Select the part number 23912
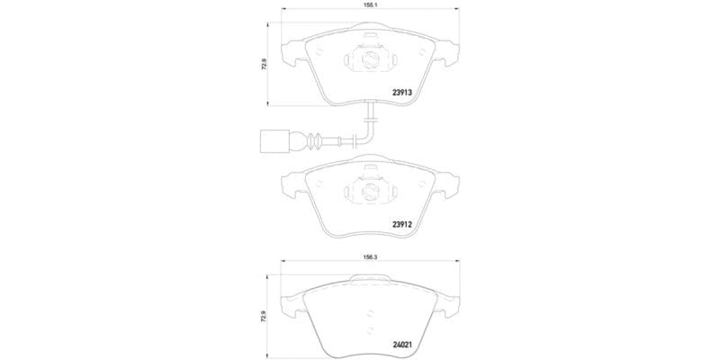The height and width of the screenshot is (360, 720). coord(401,225)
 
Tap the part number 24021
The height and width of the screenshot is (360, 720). coord(401,342)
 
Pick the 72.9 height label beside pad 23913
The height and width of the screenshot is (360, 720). coord(264,67)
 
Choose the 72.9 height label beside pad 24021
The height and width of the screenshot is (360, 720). coord(264,317)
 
